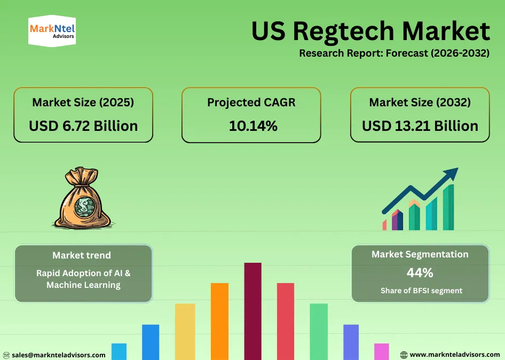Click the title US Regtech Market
[370, 32]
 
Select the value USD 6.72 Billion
[83, 126]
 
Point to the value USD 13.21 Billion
[420, 126]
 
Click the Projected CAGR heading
[251, 102]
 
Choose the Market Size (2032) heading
[420, 102]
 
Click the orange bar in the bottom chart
[219, 321]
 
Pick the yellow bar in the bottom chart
[185, 331]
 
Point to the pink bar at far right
[381, 351]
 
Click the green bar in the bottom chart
[319, 331]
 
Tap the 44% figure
[420, 272]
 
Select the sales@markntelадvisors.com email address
[58, 355]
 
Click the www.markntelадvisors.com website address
[454, 355]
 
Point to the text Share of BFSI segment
[421, 291]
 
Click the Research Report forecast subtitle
[394, 53]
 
